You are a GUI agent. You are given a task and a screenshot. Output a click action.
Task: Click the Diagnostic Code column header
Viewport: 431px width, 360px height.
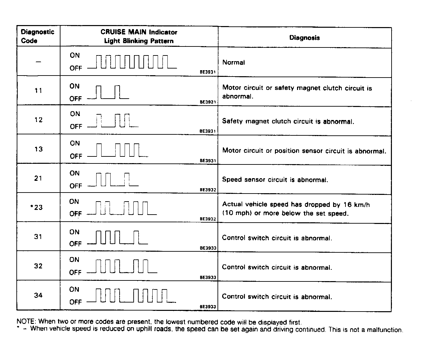click(37, 36)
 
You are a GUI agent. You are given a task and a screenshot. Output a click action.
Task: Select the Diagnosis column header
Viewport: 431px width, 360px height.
click(304, 38)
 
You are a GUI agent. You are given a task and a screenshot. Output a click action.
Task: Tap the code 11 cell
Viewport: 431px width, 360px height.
click(38, 91)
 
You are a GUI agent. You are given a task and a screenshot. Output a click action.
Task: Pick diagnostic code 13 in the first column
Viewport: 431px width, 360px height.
click(38, 149)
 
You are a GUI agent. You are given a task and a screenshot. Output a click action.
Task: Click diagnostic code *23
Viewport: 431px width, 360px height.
click(37, 207)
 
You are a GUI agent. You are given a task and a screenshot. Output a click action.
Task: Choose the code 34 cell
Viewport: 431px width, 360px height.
click(38, 295)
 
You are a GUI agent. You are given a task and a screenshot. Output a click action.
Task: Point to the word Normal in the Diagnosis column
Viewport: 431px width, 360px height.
click(234, 63)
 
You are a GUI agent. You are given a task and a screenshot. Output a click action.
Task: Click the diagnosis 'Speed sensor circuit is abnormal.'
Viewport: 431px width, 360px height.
click(275, 180)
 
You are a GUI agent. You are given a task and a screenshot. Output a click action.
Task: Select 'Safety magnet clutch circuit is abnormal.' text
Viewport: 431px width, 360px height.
click(288, 121)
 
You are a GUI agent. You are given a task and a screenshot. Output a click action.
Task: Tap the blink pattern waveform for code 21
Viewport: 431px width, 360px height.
click(113, 179)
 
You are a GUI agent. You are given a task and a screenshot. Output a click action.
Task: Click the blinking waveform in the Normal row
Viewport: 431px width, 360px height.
click(132, 62)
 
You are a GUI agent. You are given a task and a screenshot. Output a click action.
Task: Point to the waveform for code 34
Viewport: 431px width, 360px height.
click(131, 295)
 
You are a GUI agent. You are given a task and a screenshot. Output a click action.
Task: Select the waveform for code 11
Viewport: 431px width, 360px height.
click(108, 92)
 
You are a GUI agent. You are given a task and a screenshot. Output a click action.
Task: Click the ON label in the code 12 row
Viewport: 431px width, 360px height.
click(75, 114)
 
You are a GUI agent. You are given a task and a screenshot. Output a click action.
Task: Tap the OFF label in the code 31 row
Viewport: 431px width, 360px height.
click(75, 244)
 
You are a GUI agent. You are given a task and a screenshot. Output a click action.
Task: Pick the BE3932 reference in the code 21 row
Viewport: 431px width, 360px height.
click(208, 190)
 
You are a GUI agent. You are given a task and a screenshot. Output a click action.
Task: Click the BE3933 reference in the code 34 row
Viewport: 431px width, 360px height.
click(208, 307)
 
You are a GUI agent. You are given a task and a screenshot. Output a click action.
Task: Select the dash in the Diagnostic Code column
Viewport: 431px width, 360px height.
click(38, 62)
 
